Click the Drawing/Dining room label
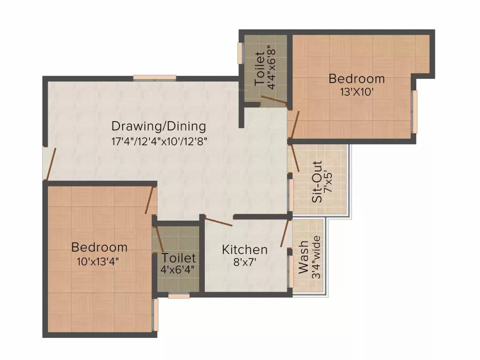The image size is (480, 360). (158, 126)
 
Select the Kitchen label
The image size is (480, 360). (245, 249)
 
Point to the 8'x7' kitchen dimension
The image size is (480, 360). (245, 262)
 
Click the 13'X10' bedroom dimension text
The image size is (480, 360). (357, 92)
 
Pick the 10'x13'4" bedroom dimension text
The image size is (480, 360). (99, 261)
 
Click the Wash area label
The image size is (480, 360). (304, 257)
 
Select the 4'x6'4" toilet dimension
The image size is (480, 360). (179, 270)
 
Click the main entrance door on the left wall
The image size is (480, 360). (50, 164)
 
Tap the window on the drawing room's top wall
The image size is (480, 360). (154, 78)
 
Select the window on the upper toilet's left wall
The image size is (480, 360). (240, 52)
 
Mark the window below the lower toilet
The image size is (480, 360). (179, 296)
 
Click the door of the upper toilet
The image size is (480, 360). (274, 99)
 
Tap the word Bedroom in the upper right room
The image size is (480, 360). (357, 79)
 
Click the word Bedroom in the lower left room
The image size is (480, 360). (99, 247)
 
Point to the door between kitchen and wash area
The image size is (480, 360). (285, 232)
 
